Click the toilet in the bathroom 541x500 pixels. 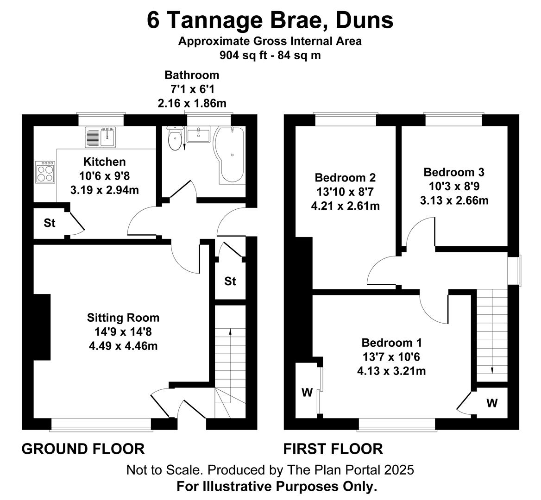point(175,138)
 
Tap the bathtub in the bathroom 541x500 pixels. point(229,155)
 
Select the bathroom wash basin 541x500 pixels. point(198,134)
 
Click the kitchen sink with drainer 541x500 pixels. point(101,137)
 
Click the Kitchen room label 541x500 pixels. point(105,162)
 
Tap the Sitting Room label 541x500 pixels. point(123,317)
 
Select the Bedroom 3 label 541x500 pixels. point(454,172)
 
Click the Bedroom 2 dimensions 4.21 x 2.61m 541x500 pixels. point(346,206)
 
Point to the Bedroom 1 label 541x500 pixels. point(391,343)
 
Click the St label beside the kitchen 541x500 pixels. point(50,223)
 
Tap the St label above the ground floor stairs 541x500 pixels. point(230,281)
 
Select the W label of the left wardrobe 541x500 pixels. point(307,392)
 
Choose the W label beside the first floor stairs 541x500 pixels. point(492,402)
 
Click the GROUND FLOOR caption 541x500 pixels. point(83,449)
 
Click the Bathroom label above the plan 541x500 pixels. point(192,75)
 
